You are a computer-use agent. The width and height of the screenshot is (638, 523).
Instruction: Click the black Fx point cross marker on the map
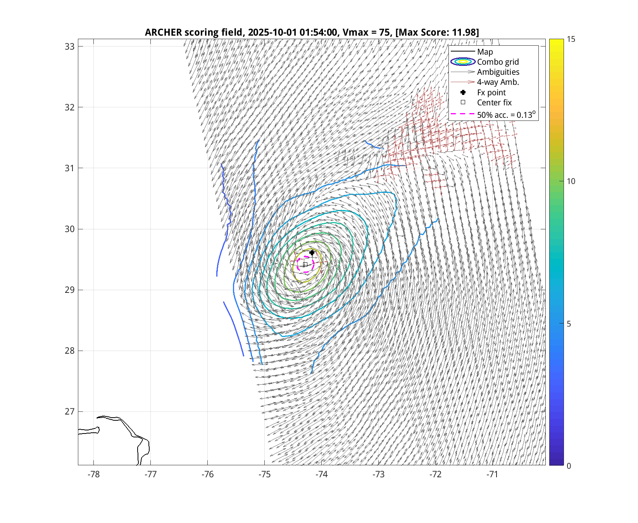pyautogui.click(x=312, y=253)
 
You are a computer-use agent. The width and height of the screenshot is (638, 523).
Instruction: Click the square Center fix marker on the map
pyautogui.click(x=305, y=264)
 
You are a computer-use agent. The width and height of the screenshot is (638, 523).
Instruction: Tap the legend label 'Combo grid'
pyautogui.click(x=498, y=62)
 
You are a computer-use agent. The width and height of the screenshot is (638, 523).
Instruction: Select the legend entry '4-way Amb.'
pyautogui.click(x=498, y=82)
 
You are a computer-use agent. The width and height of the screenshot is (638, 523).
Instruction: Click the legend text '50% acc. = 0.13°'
pyautogui.click(x=506, y=115)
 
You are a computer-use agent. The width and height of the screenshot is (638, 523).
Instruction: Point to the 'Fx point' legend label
pyautogui.click(x=491, y=93)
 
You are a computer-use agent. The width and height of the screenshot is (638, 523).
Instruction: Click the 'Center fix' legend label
pyautogui.click(x=494, y=103)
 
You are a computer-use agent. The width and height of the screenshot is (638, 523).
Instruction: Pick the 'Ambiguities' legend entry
pyautogui.click(x=498, y=72)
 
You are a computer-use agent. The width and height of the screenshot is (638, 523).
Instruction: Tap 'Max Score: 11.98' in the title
pyautogui.click(x=437, y=32)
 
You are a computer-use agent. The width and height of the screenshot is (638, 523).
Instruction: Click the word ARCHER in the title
pyautogui.click(x=163, y=32)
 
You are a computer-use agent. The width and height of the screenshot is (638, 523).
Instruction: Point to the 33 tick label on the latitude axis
pyautogui.click(x=69, y=46)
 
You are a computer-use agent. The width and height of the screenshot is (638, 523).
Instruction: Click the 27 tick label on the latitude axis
pyautogui.click(x=69, y=411)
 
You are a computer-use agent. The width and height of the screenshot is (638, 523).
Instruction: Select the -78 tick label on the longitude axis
pyautogui.click(x=94, y=475)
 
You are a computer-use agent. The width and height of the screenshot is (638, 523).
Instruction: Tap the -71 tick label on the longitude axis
pyautogui.click(x=492, y=475)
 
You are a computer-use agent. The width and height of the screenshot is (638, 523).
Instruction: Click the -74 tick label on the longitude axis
pyautogui.click(x=321, y=475)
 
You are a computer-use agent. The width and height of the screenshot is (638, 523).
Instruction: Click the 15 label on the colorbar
pyautogui.click(x=571, y=39)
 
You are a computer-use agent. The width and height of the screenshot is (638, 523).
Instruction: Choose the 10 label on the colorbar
pyautogui.click(x=571, y=181)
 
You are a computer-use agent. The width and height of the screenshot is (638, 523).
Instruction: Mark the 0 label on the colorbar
pyautogui.click(x=569, y=466)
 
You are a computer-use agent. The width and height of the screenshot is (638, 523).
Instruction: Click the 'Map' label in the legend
pyautogui.click(x=485, y=52)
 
